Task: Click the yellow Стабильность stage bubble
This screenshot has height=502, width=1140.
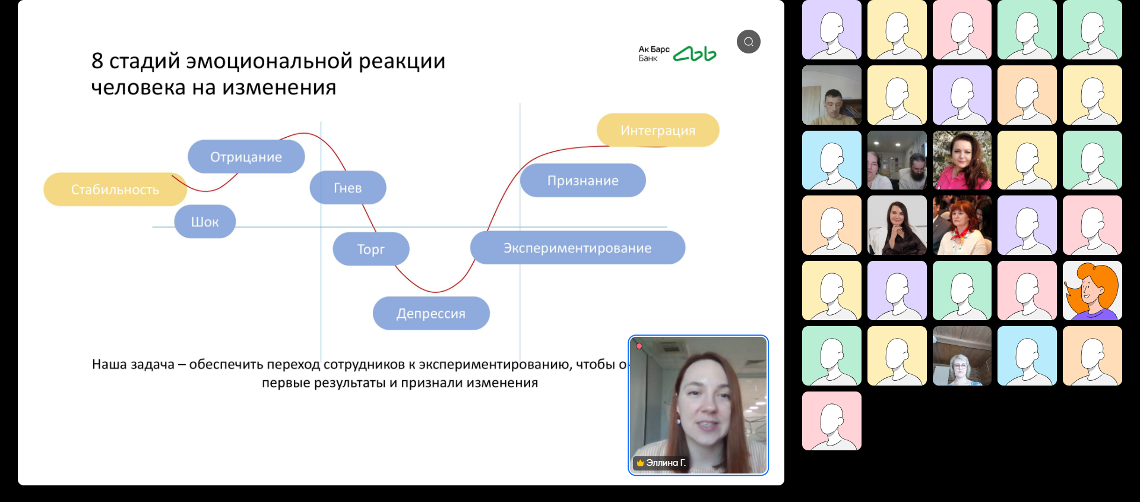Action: (x=115, y=190)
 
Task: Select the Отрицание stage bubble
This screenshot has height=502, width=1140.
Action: (x=246, y=157)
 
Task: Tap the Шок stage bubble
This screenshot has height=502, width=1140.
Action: (x=205, y=222)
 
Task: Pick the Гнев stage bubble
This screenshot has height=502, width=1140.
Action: (x=347, y=188)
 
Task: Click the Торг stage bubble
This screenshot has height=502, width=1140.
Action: (x=370, y=249)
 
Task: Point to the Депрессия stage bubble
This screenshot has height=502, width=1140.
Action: (x=431, y=313)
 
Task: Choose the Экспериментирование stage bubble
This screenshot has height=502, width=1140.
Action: (x=577, y=248)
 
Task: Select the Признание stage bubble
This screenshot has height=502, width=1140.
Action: (x=582, y=181)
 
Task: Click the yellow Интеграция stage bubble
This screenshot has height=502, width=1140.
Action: (x=657, y=130)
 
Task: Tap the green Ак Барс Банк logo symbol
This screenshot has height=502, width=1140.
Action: (x=695, y=54)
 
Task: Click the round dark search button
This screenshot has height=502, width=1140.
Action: (x=748, y=42)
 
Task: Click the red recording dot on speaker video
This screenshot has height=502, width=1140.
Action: (x=639, y=346)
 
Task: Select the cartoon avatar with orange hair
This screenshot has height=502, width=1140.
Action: (x=1092, y=291)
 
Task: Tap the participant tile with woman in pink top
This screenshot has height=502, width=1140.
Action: (x=962, y=160)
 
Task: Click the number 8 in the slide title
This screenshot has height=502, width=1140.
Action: (x=97, y=61)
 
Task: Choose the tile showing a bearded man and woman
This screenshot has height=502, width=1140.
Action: (x=897, y=160)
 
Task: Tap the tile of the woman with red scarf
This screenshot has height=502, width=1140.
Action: (x=962, y=226)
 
